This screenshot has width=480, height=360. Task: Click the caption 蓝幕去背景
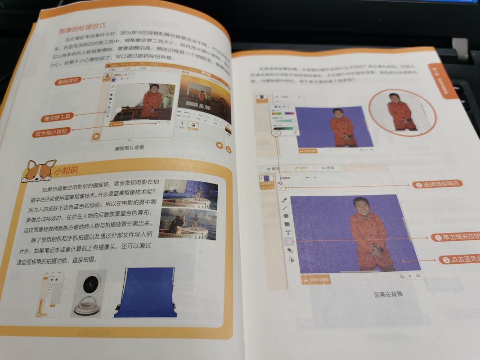pyautogui.click(x=388, y=295)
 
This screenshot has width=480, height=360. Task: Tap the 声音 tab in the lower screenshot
pyautogui.click(x=328, y=168)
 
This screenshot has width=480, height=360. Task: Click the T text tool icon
pyautogui.click(x=287, y=233)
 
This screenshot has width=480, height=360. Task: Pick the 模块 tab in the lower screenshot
pyautogui.click(x=273, y=168)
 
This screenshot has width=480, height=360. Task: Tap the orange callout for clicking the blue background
pyautogui.click(x=459, y=260)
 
